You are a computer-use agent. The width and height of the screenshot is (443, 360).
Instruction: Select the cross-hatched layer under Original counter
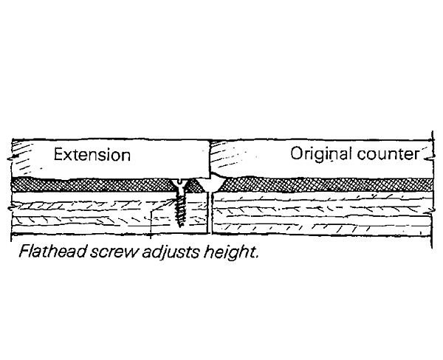(x=325, y=184)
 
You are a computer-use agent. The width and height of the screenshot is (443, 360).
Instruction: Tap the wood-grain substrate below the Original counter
(x=325, y=214)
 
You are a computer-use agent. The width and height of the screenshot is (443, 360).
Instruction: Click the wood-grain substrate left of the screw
(x=89, y=214)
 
